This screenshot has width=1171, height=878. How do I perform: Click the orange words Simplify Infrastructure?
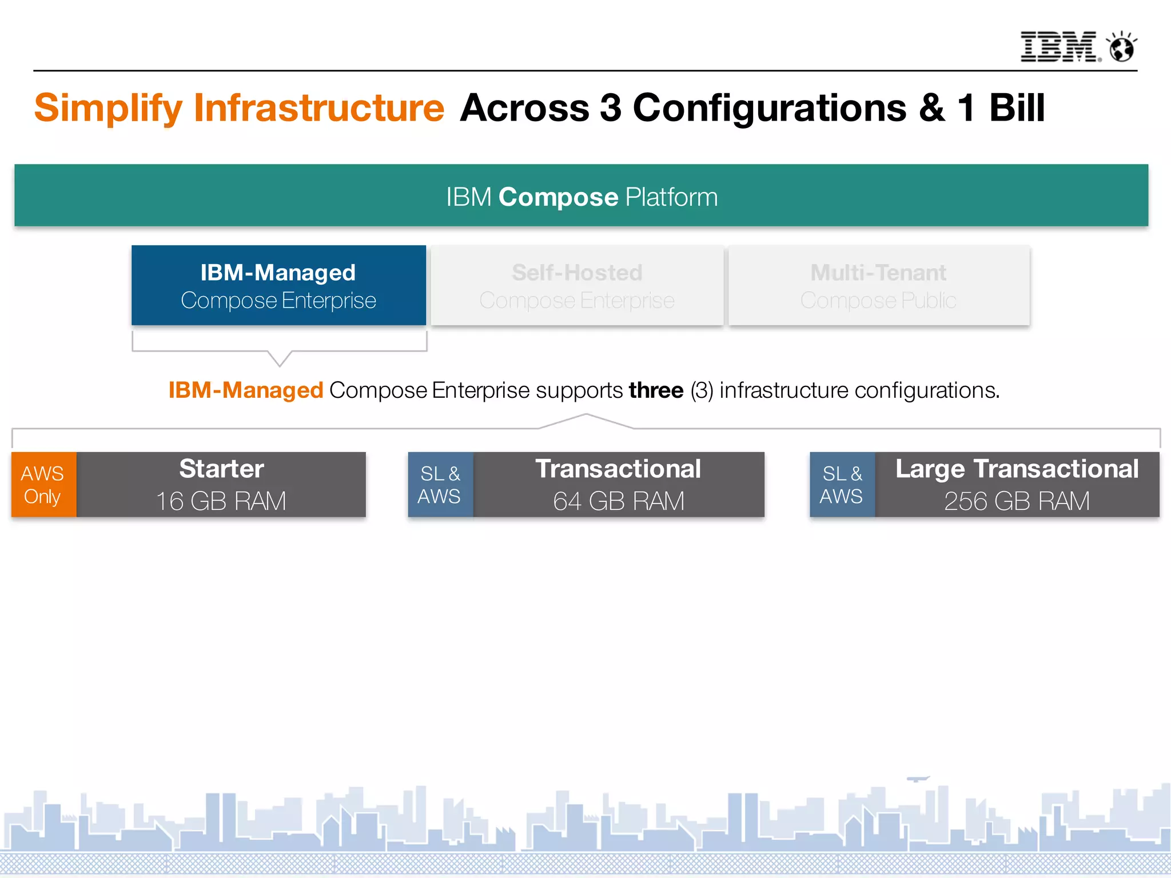click(239, 108)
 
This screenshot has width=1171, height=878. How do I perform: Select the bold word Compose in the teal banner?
click(558, 197)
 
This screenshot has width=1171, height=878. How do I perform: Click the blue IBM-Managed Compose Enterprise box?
click(278, 285)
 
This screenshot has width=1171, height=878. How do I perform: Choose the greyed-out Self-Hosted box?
click(577, 285)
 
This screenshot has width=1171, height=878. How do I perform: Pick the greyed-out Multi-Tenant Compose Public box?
click(879, 285)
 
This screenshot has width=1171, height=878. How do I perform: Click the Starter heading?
click(221, 469)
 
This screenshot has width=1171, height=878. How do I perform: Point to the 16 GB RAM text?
click(221, 501)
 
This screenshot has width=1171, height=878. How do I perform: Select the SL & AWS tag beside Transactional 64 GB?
click(440, 485)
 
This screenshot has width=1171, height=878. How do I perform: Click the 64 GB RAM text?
click(618, 501)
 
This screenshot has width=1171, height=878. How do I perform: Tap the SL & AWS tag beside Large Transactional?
click(842, 485)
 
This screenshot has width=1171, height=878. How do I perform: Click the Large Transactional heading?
click(1017, 469)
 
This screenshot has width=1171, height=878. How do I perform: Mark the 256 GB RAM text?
click(1017, 501)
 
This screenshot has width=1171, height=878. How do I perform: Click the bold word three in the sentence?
click(656, 390)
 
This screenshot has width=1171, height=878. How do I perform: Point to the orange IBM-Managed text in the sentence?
click(246, 390)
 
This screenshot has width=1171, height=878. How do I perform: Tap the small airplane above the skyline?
click(918, 779)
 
